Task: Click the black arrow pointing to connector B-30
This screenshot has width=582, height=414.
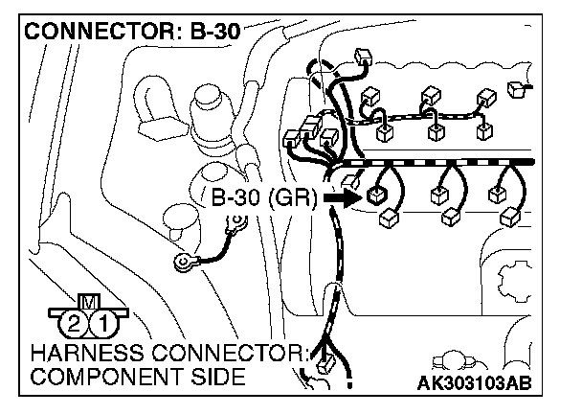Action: point(340,198)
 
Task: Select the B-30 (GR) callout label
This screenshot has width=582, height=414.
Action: point(257,199)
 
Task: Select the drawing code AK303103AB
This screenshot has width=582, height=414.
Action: point(475,383)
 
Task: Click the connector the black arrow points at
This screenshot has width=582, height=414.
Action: point(375,195)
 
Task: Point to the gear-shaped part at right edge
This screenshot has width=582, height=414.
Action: point(518,283)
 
